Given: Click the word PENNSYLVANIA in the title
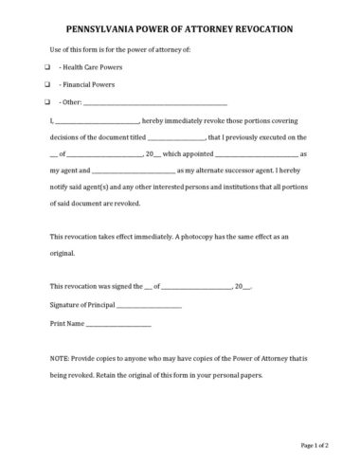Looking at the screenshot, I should [x=88, y=28].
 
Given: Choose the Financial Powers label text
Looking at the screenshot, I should [x=82, y=85].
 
